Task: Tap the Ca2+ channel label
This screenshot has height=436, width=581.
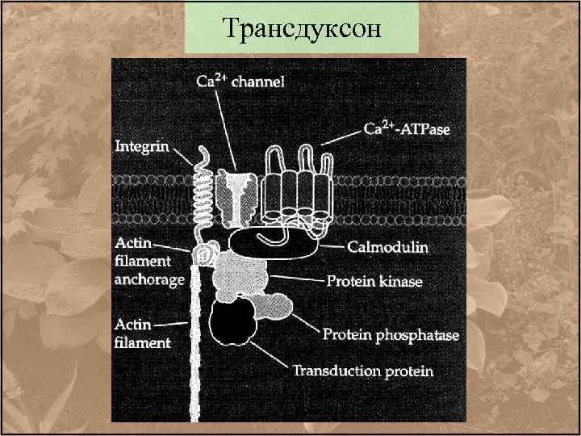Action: [240, 82]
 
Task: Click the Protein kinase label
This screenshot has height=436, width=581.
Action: [374, 282]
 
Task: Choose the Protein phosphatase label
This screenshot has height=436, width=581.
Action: [391, 334]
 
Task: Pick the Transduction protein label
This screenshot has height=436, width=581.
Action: [362, 371]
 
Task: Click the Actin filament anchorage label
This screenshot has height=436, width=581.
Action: [149, 262]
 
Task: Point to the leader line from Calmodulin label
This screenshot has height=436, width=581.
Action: [333, 245]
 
